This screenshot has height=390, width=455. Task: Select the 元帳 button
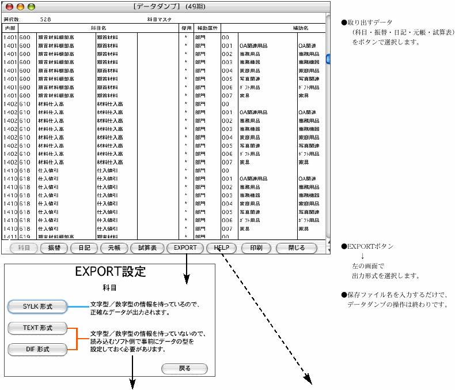pyautogui.click(x=112, y=248)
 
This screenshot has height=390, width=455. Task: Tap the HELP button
pyautogui.click(x=221, y=248)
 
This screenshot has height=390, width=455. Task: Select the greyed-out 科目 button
pyautogui.click(x=24, y=248)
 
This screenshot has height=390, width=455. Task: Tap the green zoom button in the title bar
pyautogui.click(x=31, y=6)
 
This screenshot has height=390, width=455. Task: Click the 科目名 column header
pyautogui.click(x=98, y=28)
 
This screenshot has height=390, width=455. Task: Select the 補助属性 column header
pyautogui.click(x=206, y=28)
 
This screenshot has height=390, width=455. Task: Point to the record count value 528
pyautogui.click(x=45, y=19)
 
